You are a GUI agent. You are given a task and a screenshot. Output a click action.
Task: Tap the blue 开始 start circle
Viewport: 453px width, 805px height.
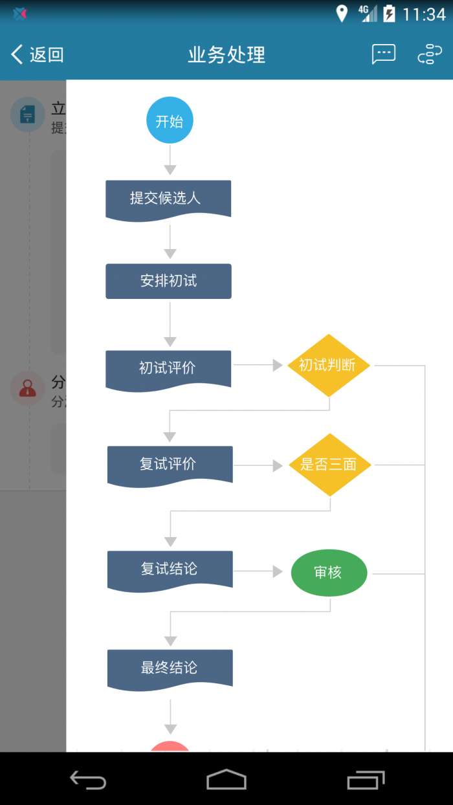tap(170, 120)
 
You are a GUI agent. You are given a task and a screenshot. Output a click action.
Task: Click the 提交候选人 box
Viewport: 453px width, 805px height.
tap(168, 199)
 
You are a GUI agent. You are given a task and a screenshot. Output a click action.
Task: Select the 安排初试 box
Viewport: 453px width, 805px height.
tap(168, 281)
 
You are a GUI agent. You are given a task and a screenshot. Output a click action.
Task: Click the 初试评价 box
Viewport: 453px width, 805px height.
tap(168, 368)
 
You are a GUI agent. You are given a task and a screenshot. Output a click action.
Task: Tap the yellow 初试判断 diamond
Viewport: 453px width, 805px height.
tap(329, 365)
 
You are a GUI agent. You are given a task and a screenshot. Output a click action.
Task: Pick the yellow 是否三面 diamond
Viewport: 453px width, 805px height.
tap(329, 465)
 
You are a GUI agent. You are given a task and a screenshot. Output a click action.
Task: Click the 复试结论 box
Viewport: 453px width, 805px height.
tap(170, 569)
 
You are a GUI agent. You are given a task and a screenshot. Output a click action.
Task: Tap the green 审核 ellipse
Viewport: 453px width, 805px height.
tap(329, 573)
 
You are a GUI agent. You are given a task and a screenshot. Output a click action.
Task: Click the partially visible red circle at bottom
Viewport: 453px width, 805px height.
tap(170, 746)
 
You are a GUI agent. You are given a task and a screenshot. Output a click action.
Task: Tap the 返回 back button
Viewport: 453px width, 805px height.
tap(38, 54)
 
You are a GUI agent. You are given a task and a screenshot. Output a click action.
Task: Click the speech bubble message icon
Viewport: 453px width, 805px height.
tap(383, 54)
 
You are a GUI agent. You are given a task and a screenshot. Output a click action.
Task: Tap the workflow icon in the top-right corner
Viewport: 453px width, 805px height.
tap(430, 54)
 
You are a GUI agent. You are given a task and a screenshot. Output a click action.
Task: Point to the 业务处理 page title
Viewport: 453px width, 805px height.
tap(226, 55)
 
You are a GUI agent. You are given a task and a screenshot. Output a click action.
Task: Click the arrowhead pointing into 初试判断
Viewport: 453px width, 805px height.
tap(278, 366)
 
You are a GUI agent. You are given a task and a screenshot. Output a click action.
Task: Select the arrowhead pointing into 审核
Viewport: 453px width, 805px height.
tap(278, 571)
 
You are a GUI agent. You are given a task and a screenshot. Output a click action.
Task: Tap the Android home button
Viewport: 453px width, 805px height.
tap(226, 779)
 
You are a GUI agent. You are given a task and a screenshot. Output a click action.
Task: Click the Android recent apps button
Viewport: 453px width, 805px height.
tap(366, 780)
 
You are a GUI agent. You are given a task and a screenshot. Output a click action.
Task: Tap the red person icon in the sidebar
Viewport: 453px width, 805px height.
tap(27, 388)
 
